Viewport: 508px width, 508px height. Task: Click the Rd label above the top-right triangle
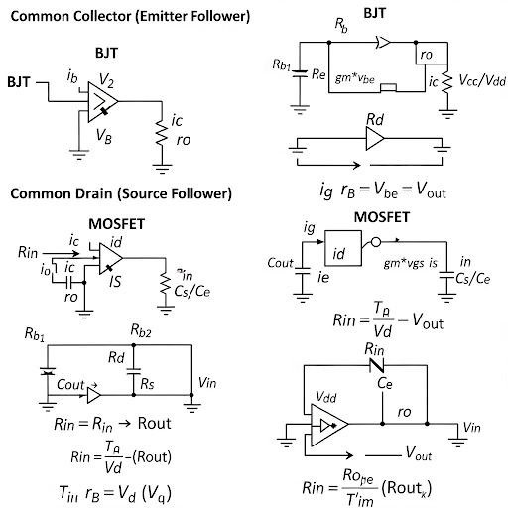click(x=376, y=120)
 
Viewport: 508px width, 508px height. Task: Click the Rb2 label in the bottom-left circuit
click(x=139, y=328)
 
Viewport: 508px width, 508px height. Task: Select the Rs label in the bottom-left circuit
click(x=147, y=383)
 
